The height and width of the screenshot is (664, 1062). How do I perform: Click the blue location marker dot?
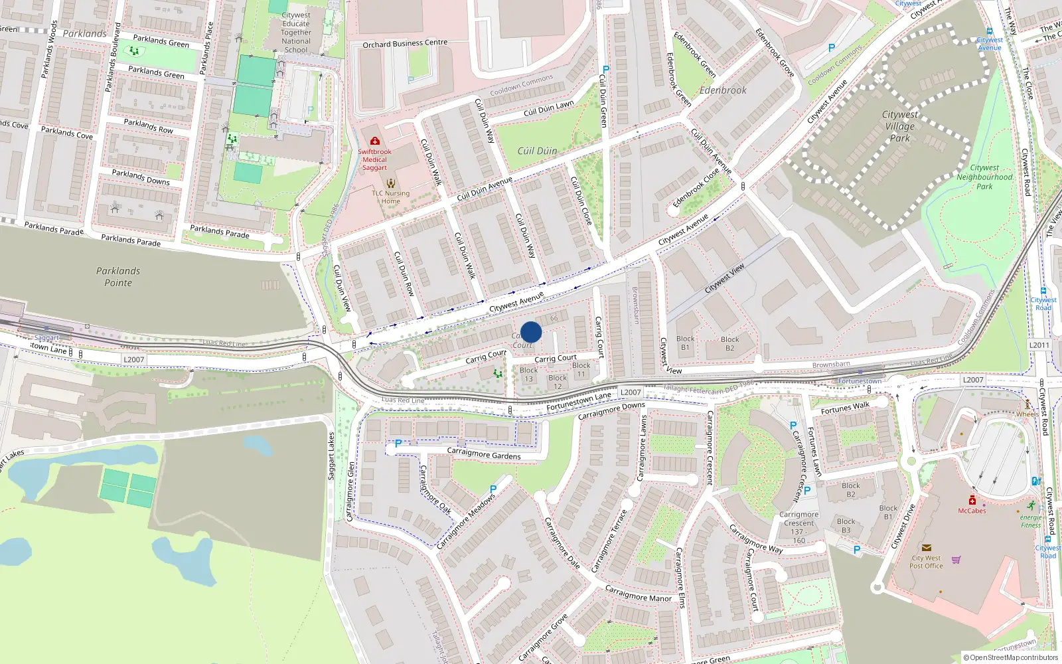pos(531,332)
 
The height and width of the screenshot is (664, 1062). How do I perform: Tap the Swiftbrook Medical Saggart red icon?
pos(374,141)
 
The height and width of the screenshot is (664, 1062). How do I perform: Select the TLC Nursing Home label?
pos(390,197)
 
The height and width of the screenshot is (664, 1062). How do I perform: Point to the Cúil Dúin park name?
pos(537,151)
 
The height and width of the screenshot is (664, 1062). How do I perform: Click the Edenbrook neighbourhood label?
pos(723,90)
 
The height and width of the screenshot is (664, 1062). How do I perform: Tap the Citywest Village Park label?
pos(899,126)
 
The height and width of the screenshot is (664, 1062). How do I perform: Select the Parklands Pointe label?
pos(118,277)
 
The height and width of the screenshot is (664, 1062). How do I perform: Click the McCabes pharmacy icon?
pos(972,500)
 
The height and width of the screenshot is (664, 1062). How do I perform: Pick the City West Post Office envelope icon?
pos(927,548)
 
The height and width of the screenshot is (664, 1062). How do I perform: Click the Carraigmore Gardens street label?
pos(483,454)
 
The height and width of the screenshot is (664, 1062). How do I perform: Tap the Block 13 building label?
pos(529,374)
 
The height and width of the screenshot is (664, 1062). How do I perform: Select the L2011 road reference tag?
pos(1039,345)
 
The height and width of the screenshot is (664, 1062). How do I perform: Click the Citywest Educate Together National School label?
pos(296,33)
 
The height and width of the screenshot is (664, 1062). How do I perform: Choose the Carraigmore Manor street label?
pos(638,594)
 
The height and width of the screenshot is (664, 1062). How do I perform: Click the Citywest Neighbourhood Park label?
pos(984,177)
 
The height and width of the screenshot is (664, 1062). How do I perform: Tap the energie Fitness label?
pos(1031,521)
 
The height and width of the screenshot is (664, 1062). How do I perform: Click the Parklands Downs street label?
pos(141,177)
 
